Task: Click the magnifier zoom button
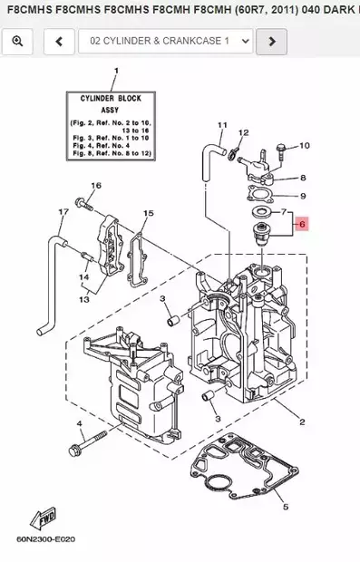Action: [18, 41]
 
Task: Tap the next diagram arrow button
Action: [271, 41]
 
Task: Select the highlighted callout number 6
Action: [302, 223]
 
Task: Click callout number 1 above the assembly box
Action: [115, 71]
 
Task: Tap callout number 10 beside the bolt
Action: [304, 145]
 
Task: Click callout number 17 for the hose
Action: [63, 212]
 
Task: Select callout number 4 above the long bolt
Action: [79, 423]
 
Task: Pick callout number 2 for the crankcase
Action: [301, 421]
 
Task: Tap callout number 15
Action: [148, 213]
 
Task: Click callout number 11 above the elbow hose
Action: [221, 124]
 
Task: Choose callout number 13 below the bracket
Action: [83, 298]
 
